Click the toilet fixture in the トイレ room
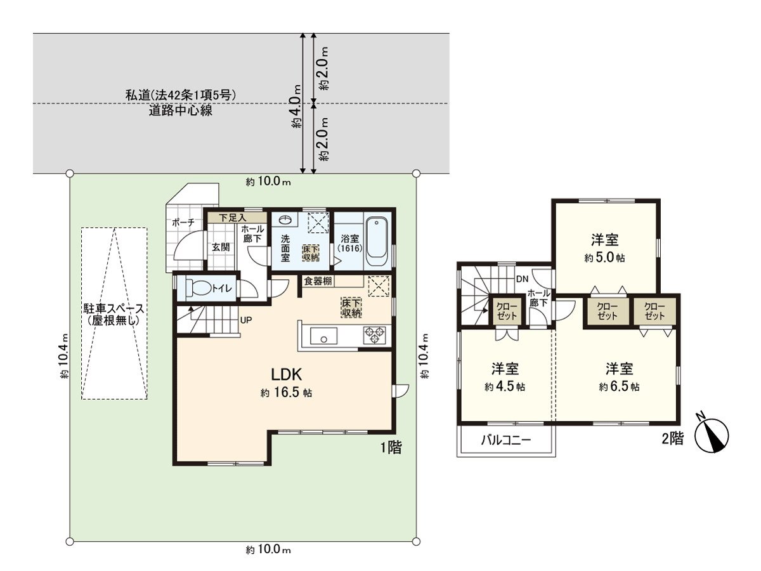coord(198,287)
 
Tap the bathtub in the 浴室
coord(377,242)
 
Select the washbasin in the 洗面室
coord(285,220)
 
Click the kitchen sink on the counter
coord(323,335)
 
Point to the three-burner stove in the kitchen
coord(374,335)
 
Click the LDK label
coord(286,374)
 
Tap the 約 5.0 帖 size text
coord(604,258)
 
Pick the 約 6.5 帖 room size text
coord(619,386)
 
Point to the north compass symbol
coord(711,435)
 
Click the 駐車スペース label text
coord(114,308)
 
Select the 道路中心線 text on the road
coord(180,110)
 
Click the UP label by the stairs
coord(246,320)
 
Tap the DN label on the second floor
coord(522,279)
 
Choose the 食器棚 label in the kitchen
coord(318,281)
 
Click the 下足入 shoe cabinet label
coord(232,218)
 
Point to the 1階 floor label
coord(391,447)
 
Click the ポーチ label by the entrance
coord(183,223)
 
